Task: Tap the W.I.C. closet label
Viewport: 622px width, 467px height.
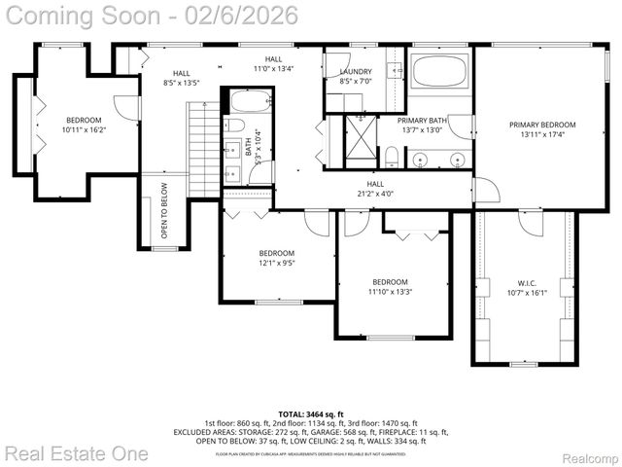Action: tap(514, 285)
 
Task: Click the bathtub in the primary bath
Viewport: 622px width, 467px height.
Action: tap(439, 73)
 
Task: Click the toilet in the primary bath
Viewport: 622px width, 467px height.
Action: tap(391, 157)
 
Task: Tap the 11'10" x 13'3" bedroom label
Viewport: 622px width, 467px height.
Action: tap(390, 285)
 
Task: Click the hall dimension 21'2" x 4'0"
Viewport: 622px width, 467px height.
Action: tap(374, 193)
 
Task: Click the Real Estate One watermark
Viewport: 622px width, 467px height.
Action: tap(76, 452)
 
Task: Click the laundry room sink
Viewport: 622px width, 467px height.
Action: tap(395, 70)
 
